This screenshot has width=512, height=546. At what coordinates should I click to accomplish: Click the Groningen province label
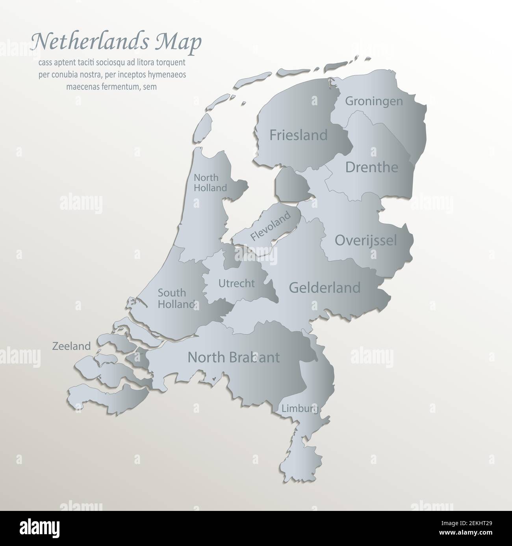374,101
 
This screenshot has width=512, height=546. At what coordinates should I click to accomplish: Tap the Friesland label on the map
298,135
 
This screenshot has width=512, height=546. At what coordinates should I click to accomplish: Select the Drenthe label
371,167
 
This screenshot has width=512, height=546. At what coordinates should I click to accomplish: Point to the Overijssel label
365,240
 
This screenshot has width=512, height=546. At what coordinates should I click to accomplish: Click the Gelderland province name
325,287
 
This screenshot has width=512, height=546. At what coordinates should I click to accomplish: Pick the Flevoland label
271,227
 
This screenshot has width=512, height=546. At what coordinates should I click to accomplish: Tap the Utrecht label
236,283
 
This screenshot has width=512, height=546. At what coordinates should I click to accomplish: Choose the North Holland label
210,183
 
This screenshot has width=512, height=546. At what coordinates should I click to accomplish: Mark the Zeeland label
71,346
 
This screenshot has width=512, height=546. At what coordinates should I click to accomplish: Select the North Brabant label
234,357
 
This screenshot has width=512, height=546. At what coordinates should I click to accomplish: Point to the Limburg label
300,409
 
